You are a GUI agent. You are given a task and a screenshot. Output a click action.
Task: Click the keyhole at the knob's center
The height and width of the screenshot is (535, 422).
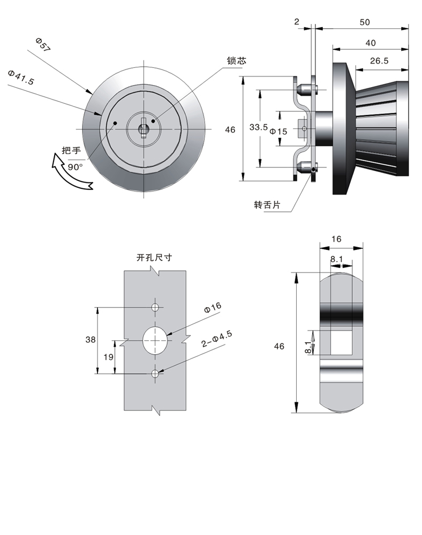144,128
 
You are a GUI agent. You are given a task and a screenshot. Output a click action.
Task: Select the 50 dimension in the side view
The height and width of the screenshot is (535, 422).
364,22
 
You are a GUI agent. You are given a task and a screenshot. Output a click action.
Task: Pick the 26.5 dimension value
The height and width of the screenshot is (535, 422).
379,61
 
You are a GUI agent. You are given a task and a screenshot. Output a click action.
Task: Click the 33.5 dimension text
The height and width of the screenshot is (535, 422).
259,127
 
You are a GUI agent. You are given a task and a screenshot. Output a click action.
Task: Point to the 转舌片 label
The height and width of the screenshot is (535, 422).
267,205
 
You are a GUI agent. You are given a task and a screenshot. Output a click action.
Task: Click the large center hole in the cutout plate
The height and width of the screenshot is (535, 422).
155,339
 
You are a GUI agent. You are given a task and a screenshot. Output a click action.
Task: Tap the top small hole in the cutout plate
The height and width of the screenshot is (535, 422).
155,307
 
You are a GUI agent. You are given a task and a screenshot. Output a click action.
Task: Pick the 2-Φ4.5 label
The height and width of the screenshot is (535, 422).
216,341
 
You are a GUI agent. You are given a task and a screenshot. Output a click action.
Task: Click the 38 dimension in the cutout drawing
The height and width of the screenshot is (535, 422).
91,339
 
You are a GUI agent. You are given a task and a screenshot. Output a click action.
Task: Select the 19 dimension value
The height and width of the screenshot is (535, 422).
107,356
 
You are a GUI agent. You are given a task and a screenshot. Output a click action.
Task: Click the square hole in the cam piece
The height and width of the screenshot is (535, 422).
342,342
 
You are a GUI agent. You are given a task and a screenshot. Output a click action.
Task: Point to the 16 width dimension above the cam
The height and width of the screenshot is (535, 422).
336,239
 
